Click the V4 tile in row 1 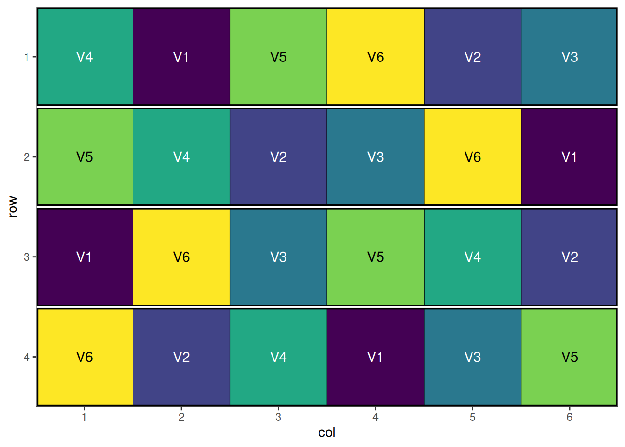[85, 57]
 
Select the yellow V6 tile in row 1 [375, 57]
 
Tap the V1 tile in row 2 [569, 157]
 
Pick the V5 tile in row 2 [85, 157]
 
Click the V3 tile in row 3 [279, 257]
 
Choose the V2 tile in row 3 [569, 257]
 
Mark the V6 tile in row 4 [85, 357]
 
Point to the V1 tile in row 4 [375, 357]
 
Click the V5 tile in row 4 [569, 357]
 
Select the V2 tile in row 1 [472, 57]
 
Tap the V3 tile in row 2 [375, 157]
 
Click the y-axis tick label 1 [27, 57]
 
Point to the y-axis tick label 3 [27, 257]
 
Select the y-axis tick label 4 [27, 357]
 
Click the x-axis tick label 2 [181, 417]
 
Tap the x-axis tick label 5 [472, 417]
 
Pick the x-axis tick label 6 [569, 417]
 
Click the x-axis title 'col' [326, 433]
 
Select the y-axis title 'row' [13, 207]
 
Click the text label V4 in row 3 [472, 257]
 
